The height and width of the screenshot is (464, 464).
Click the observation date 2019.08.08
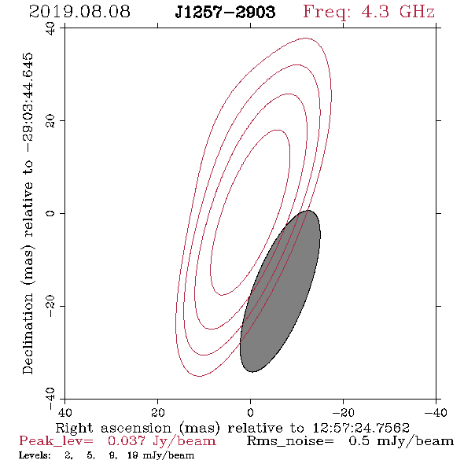click(79, 12)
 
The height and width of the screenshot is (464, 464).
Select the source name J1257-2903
click(225, 13)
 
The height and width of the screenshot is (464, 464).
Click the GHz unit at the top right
click(417, 12)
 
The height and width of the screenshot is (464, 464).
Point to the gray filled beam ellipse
click(280, 291)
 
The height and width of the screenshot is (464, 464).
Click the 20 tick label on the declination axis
click(50, 121)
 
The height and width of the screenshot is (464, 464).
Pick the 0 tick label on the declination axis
click(50, 213)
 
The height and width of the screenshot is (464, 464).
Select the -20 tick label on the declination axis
click(50, 306)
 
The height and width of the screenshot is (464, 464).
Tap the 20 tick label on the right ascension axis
click(158, 412)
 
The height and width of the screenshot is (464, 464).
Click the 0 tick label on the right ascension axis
click(251, 412)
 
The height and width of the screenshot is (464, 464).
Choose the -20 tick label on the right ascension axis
click(343, 412)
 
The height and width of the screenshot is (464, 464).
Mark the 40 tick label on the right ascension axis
click(64, 412)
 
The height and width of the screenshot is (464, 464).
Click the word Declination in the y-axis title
click(28, 333)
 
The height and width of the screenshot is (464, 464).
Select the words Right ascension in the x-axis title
click(113, 428)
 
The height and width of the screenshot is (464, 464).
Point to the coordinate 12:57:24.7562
click(361, 428)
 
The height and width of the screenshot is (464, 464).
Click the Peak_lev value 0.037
click(127, 441)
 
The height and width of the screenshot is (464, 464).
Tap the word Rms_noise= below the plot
click(290, 441)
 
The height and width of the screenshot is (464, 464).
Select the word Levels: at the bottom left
click(35, 455)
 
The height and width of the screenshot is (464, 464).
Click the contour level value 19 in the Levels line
click(133, 455)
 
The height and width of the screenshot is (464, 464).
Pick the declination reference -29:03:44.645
click(28, 102)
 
